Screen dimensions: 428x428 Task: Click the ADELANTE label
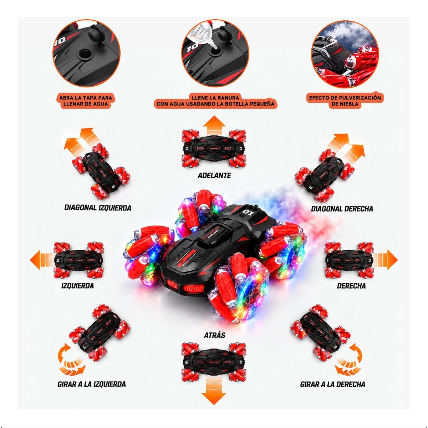click(214, 175)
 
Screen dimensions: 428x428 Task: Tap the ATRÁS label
click(214, 335)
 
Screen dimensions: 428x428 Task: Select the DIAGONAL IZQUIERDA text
click(98, 208)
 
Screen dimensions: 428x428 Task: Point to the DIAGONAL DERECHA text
click(342, 209)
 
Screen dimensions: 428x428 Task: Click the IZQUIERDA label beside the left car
click(77, 286)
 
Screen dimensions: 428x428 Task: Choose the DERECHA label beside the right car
click(351, 286)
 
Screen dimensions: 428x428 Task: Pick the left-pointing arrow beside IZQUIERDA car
click(42, 260)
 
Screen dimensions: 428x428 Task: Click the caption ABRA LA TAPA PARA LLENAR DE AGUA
click(86, 101)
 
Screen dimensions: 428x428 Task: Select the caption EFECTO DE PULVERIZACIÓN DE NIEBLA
click(345, 101)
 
